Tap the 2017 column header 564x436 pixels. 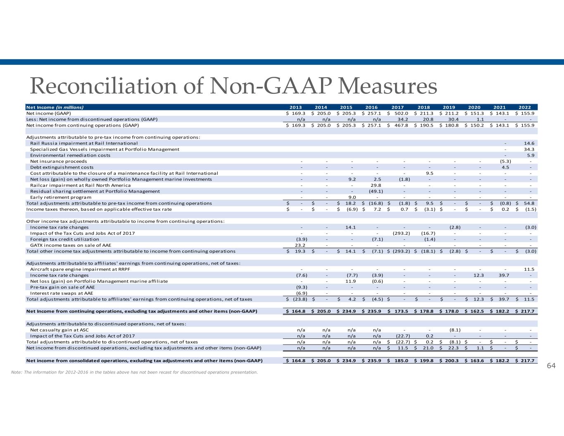(x=398, y=107)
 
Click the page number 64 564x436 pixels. (x=551, y=366)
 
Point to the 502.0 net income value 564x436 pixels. (x=400, y=113)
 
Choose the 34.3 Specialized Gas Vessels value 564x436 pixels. (x=528, y=149)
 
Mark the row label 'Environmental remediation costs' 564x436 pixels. (x=70, y=155)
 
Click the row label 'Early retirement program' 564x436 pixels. (x=61, y=197)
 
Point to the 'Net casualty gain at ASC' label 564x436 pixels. (x=60, y=330)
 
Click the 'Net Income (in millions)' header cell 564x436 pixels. (x=55, y=107)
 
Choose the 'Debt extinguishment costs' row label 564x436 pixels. (x=62, y=167)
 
